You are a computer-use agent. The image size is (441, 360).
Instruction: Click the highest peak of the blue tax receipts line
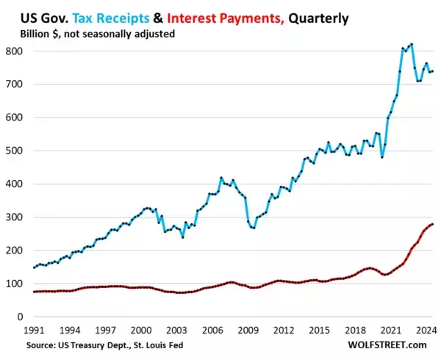click(411, 44)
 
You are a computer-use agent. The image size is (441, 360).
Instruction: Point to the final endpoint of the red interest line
click(432, 224)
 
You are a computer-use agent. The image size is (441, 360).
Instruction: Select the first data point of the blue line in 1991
click(33, 267)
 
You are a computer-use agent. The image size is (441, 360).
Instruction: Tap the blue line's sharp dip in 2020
click(381, 157)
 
